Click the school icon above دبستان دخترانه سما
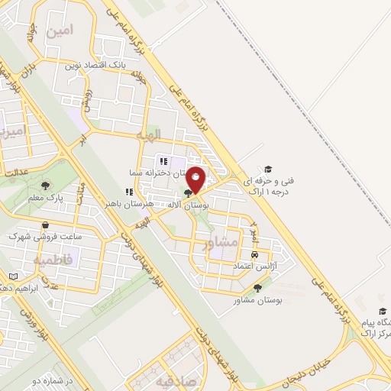(163, 161)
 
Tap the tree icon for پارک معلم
(47, 185)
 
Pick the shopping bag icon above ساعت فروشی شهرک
(48, 225)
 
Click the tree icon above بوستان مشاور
(257, 288)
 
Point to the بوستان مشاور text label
(258, 301)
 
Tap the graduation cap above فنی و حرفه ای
(267, 169)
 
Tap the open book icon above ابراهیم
(12, 276)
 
